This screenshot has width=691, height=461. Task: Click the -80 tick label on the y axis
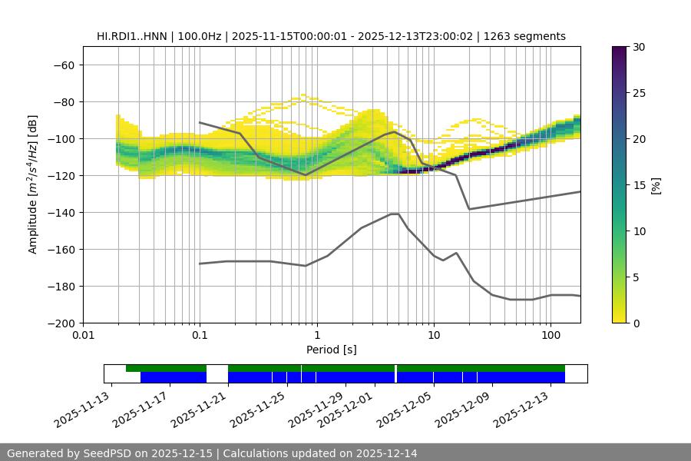62,101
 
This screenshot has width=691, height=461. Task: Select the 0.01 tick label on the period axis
83,335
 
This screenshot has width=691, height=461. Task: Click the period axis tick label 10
433,335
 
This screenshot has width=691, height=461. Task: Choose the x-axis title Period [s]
331,350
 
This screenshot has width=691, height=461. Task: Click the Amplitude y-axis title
32,184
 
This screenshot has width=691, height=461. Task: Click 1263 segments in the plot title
530,36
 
